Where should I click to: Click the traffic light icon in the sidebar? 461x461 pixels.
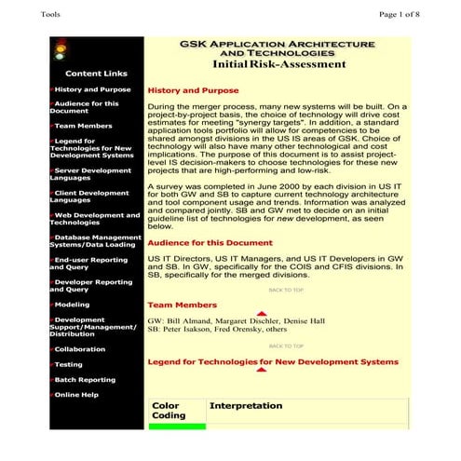coord(62,48)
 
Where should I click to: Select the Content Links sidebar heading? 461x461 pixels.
coord(97,73)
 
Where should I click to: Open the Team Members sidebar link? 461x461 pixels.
coord(83,125)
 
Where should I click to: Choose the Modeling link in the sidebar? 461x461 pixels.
coord(72,304)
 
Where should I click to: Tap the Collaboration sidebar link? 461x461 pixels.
coord(79,349)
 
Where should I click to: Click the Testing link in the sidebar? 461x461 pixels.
coord(69,364)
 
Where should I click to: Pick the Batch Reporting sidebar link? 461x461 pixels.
coord(85,379)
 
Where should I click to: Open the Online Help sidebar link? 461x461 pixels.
coord(76,394)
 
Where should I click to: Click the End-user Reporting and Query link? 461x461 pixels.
coord(91,264)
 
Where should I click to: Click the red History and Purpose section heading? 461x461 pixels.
coord(194,91)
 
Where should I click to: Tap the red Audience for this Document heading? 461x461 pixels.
coord(210,242)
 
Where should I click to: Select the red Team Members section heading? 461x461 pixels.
coord(183,305)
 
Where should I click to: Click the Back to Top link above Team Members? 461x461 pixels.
coord(286,290)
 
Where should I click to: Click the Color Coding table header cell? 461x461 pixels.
coord(169,411)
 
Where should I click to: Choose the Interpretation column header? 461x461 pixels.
coord(245,406)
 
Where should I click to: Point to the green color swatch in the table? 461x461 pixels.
coord(177,426)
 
